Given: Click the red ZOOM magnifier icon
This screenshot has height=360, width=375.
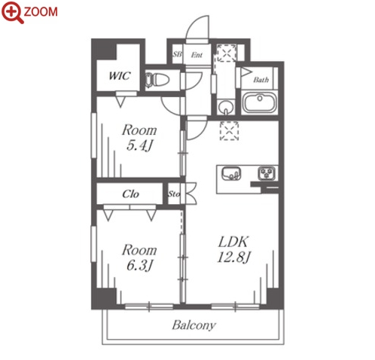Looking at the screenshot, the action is (12, 12).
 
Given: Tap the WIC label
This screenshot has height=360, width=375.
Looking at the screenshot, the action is (120, 76).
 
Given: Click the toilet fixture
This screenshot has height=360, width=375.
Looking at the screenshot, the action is (157, 80).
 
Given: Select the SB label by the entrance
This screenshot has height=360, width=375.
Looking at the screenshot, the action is (177, 54).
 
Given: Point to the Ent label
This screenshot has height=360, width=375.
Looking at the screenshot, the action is (197, 55).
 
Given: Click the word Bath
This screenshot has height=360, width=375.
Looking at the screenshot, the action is (261, 80).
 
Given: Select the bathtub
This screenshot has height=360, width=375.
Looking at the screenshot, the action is (259, 102).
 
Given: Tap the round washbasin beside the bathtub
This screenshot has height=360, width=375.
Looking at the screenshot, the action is (226, 107).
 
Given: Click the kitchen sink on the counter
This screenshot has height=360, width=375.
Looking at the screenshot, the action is (231, 173).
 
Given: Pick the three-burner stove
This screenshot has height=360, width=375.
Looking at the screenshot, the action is (267, 173).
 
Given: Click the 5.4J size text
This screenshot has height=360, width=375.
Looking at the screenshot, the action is (139, 145).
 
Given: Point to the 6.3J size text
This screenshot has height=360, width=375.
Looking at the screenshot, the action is (139, 265).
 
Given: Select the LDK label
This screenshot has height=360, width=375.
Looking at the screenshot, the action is (233, 242).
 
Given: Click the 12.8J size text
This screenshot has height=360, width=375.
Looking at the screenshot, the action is (234, 257).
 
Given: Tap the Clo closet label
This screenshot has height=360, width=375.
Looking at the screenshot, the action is (130, 194).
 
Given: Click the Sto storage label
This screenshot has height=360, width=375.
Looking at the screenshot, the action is (174, 194).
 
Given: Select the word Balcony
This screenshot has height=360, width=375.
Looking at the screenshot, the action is (194, 325).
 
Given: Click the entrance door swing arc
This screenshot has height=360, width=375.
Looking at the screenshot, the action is (192, 25).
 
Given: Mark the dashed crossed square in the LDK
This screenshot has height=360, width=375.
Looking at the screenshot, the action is (229, 131).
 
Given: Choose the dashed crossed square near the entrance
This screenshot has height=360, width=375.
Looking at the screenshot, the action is (227, 53).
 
